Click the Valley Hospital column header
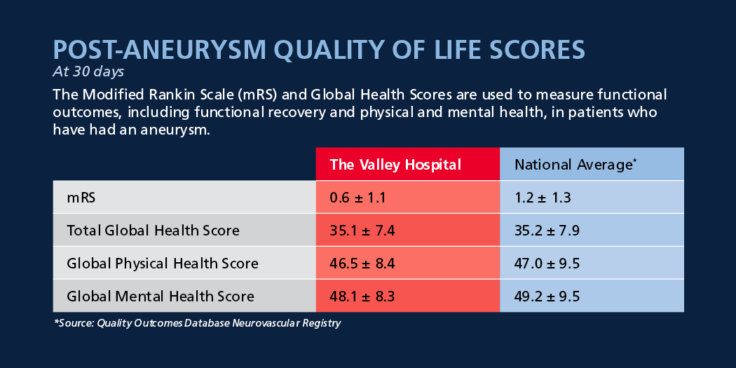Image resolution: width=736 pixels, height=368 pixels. [x=408, y=164]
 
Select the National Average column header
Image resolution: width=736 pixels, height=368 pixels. [x=592, y=164]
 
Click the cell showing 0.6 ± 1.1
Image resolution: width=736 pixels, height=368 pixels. [x=408, y=197]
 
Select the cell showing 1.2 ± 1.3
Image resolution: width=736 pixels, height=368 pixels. [x=592, y=197]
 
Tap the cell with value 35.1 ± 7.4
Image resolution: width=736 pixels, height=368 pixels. [x=408, y=230]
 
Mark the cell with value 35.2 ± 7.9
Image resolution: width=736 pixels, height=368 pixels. [x=592, y=230]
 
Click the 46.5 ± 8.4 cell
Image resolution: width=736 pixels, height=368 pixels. [x=408, y=263]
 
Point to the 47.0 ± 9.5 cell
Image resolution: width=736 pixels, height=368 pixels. [x=592, y=263]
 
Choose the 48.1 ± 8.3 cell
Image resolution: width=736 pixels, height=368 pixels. [x=408, y=296]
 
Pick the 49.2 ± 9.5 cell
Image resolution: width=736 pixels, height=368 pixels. [x=592, y=296]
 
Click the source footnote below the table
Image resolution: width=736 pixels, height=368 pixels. [x=197, y=323]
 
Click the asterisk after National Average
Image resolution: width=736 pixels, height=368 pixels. [x=634, y=161]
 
